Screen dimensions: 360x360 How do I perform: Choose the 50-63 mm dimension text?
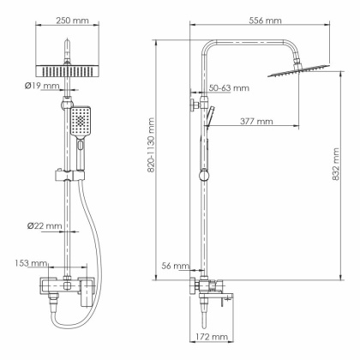[x=230, y=88]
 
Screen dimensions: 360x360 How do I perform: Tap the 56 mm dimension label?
[x=174, y=267]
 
